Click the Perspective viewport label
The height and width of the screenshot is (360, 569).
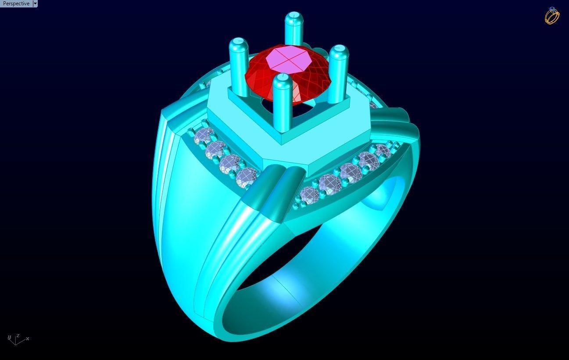pyautogui.click(x=16, y=4)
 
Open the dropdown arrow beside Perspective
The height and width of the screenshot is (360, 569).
pyautogui.click(x=35, y=4)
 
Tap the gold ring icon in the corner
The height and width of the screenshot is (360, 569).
pyautogui.click(x=551, y=16)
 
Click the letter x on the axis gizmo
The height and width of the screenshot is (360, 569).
pyautogui.click(x=28, y=339)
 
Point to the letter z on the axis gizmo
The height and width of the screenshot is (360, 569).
pyautogui.click(x=18, y=335)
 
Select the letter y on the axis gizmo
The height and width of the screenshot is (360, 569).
pyautogui.click(x=9, y=337)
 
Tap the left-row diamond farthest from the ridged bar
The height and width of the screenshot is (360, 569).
pyautogui.click(x=202, y=136)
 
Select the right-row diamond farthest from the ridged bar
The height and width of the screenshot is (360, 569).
pyautogui.click(x=383, y=150)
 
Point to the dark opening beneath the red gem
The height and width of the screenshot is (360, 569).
pyautogui.click(x=303, y=110)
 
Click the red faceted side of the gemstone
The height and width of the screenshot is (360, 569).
pyautogui.click(x=259, y=79)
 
